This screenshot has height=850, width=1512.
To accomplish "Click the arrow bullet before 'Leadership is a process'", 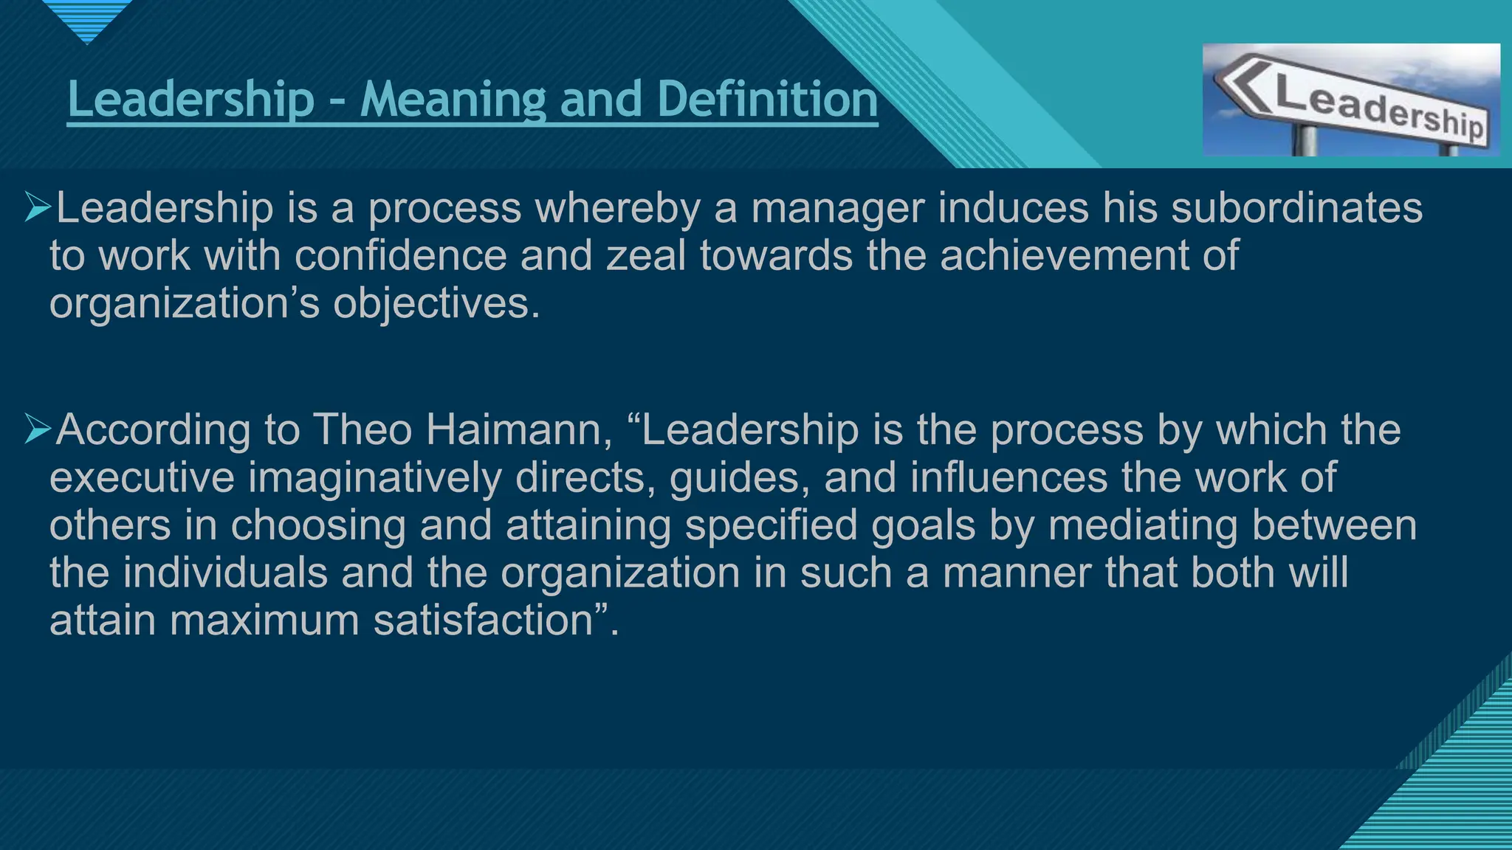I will (37, 207).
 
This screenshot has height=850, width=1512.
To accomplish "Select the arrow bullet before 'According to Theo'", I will (37, 429).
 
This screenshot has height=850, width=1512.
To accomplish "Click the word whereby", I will (617, 208).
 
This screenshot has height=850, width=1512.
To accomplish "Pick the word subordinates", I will (1296, 208).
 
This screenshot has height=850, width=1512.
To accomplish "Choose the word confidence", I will (400, 255).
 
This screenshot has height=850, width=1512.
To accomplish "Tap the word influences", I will (1008, 477).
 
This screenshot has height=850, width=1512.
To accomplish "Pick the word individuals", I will (225, 573).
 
